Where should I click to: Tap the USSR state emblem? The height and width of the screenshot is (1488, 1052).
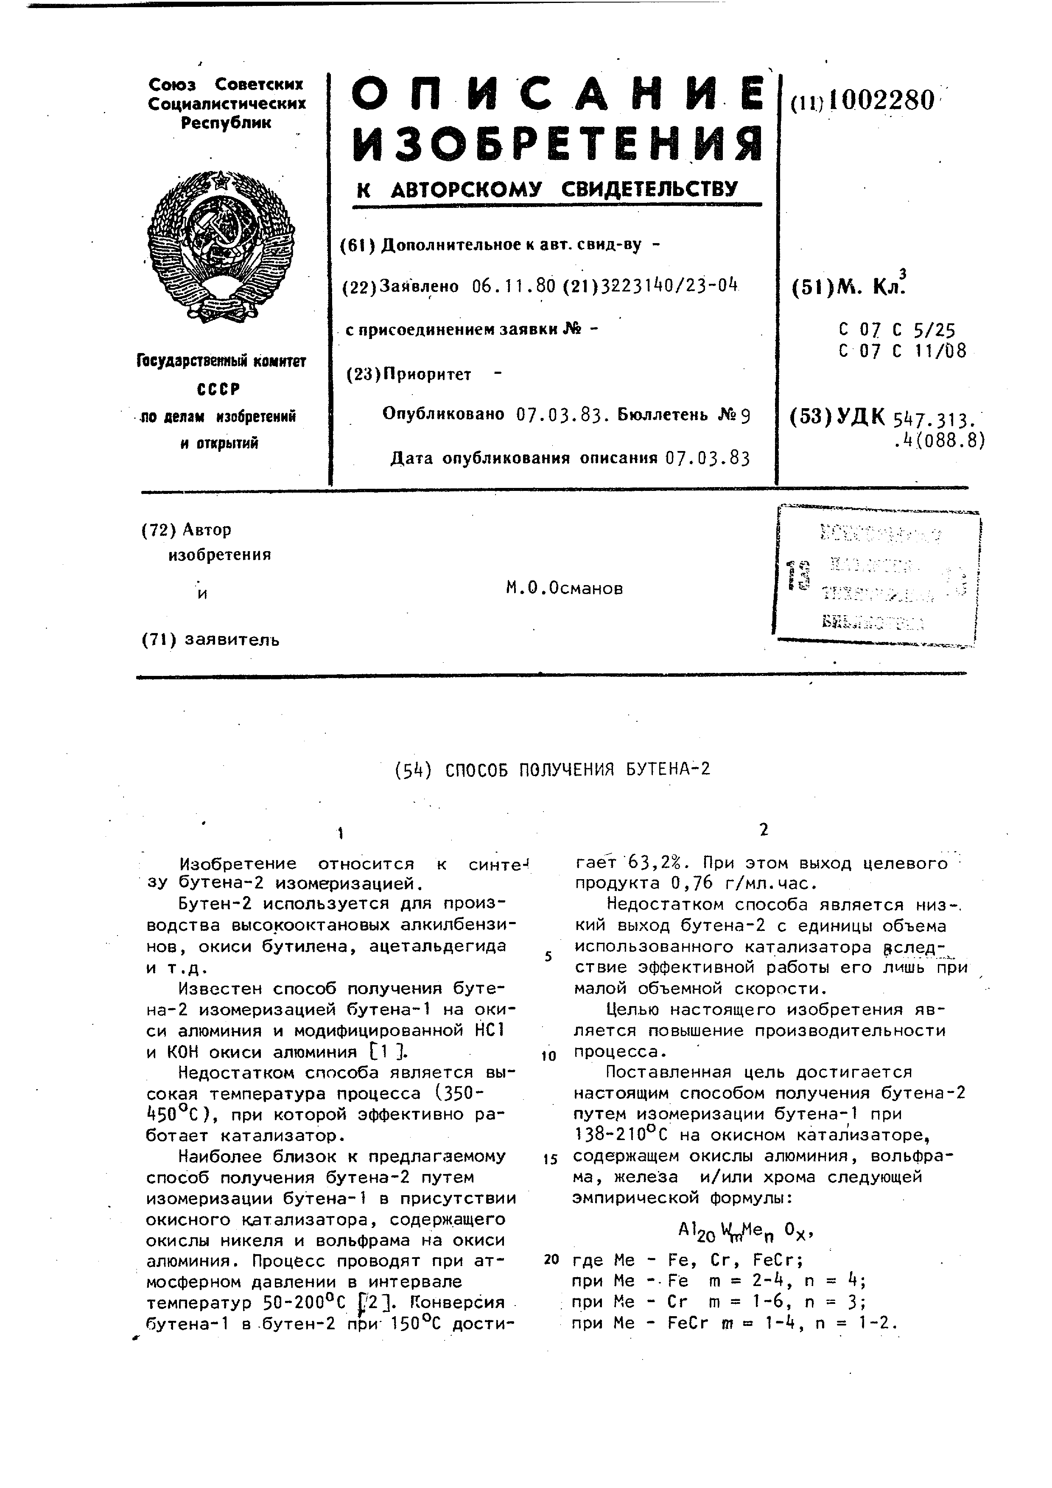221,246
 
